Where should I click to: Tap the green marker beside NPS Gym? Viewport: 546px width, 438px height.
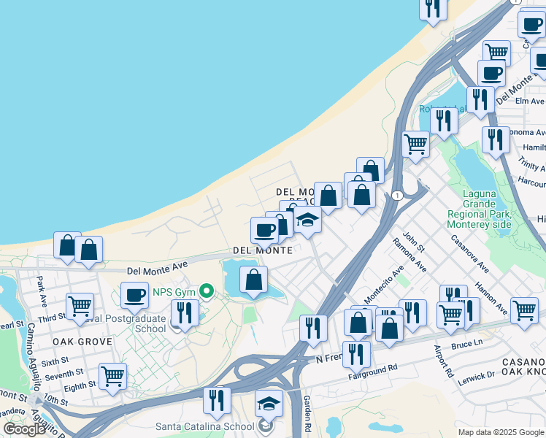pos(207,293)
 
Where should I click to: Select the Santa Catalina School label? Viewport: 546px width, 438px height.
pos(204,426)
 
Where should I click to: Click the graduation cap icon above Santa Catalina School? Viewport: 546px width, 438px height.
pos(269,403)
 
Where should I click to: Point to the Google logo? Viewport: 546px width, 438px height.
pos(24,429)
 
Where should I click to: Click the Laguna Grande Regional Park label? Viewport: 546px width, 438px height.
pos(485,209)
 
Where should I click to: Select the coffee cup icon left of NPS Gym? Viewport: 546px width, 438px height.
pos(134,295)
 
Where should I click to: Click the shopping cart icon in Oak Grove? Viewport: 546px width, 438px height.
pos(112,376)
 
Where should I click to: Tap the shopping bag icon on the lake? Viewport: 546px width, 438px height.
pos(253,280)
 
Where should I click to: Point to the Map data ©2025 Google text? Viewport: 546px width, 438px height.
pos(500,432)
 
